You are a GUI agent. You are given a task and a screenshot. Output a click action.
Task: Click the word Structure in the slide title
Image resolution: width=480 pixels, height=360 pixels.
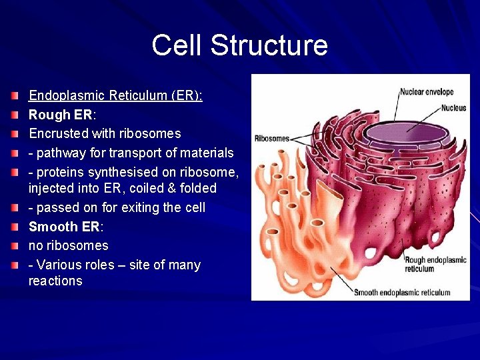click(x=269, y=46)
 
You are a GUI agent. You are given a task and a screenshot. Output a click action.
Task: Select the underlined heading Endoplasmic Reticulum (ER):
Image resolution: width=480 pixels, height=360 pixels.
click(x=115, y=95)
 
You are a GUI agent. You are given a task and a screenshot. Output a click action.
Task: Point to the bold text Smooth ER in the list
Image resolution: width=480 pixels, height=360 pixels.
click(x=63, y=227)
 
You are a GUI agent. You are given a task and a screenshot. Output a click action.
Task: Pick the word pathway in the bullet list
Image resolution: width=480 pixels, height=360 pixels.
click(x=61, y=153)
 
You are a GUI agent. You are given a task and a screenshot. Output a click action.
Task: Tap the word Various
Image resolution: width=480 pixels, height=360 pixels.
click(x=60, y=265)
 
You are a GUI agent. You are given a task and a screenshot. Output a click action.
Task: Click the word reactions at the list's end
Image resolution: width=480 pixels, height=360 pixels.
click(x=55, y=281)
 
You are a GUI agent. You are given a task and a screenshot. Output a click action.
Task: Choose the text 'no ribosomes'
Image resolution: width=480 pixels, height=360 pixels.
click(x=68, y=245)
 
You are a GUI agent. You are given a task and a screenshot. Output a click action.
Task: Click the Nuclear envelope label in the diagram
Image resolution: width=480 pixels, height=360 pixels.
click(x=427, y=91)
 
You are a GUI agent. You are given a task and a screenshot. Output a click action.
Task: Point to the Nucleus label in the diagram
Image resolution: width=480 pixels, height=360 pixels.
click(x=453, y=107)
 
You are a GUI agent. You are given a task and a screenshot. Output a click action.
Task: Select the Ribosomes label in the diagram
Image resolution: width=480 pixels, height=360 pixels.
click(x=272, y=139)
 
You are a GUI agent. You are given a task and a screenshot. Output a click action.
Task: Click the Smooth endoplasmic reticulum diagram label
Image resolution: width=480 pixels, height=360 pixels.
click(x=401, y=292)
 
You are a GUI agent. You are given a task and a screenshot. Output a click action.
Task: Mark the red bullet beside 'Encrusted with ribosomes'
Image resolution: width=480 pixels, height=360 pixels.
click(x=15, y=134)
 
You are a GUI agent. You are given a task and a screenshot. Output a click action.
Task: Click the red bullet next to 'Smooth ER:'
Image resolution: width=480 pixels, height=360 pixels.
click(x=15, y=227)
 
